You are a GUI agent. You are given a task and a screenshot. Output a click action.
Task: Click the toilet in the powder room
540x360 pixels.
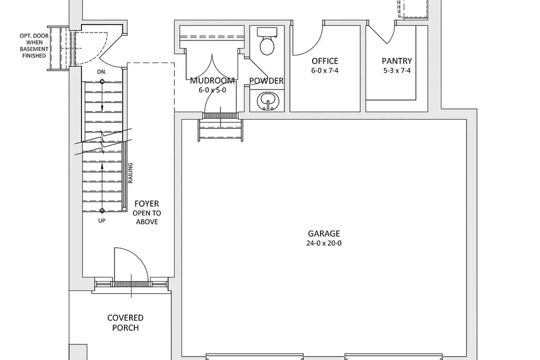pyautogui.click(x=267, y=41)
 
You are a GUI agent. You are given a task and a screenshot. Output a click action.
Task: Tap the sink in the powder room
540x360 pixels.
pyautogui.click(x=268, y=101)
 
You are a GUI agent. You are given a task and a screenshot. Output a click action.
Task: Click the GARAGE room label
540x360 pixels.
pyautogui.click(x=324, y=233)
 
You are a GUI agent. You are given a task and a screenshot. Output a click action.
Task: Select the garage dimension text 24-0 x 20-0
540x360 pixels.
pyautogui.click(x=324, y=243)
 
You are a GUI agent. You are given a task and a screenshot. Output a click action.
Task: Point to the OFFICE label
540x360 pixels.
pyautogui.click(x=325, y=61)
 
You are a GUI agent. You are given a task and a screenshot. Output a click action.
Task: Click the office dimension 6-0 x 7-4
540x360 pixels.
pyautogui.click(x=325, y=71)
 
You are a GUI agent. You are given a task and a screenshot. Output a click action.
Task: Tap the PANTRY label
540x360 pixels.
pyautogui.click(x=397, y=61)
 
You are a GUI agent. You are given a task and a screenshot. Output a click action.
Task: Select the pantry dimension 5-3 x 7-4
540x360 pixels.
pyautogui.click(x=397, y=71)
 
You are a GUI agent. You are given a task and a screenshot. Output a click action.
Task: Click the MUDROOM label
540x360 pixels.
pyautogui.click(x=212, y=81)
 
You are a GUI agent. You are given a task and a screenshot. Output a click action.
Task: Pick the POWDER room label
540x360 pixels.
pyautogui.click(x=266, y=81)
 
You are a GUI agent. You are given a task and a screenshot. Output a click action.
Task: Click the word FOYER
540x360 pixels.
pyautogui.click(x=147, y=204)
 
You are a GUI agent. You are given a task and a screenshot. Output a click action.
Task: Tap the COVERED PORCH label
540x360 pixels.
pyautogui.click(x=125, y=323)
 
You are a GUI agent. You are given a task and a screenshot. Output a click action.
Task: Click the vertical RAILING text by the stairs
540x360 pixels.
pyautogui.click(x=130, y=173)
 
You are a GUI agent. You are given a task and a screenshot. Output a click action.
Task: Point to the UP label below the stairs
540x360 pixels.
pyautogui.click(x=102, y=221)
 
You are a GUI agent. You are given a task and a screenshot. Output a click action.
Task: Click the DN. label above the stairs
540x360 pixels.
pyautogui.click(x=102, y=72)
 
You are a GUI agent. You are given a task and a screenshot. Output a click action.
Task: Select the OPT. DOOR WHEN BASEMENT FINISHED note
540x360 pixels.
pyautogui.click(x=34, y=46)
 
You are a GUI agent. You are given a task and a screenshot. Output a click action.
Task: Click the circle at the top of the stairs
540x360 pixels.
pyautogui.click(x=102, y=82)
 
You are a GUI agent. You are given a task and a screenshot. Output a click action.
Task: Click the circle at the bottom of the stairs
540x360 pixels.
pyautogui.click(x=102, y=211)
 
